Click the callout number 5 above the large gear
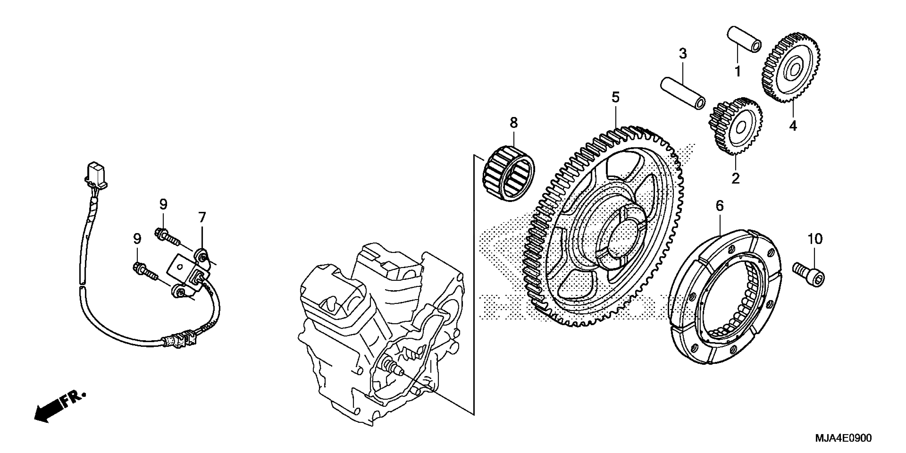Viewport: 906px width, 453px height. click(615, 98)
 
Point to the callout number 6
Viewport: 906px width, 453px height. click(719, 206)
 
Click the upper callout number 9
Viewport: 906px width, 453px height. click(163, 204)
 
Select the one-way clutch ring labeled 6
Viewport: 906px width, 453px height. click(725, 302)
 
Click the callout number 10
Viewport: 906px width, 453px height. click(815, 239)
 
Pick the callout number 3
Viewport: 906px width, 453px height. click(683, 54)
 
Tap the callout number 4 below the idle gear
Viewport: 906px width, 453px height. click(793, 126)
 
